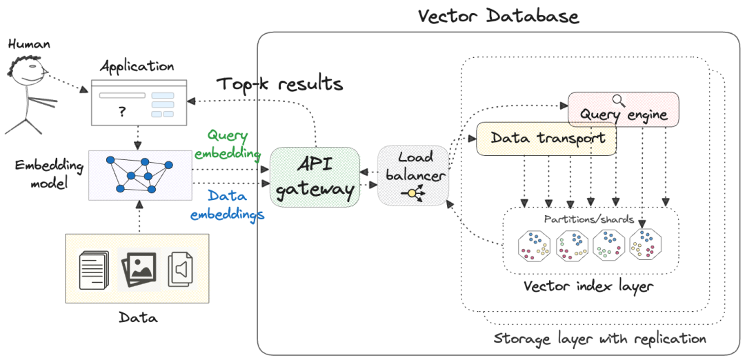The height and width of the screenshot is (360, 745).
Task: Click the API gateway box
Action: pos(315,177)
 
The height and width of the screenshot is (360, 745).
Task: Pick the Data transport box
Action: pos(547,138)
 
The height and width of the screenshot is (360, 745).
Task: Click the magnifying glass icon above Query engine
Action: pos(619,100)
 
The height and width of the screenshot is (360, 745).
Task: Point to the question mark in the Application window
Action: pos(122,112)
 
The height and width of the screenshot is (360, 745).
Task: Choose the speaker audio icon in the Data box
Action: pos(180,268)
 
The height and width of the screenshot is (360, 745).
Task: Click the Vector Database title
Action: pos(498,15)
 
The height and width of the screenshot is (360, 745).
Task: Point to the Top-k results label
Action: pos(279,84)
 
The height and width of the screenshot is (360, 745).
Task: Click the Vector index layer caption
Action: pos(587,286)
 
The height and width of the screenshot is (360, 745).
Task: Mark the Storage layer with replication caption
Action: pos(599,339)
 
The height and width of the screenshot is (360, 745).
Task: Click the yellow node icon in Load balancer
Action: pos(413,193)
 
